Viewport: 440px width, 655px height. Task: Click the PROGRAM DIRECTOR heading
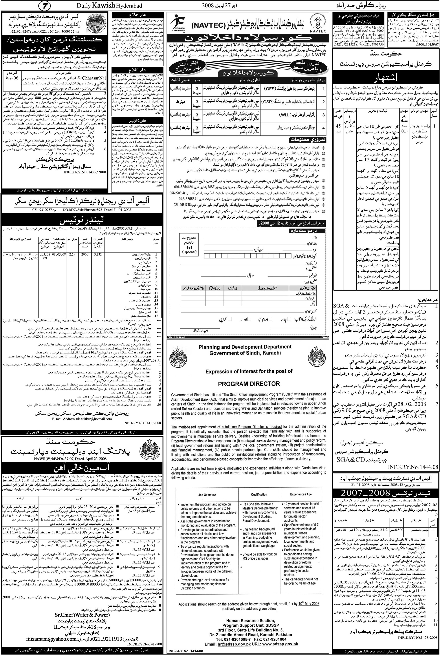click(x=249, y=383)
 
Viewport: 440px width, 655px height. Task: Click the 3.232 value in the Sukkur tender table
click(x=98, y=255)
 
